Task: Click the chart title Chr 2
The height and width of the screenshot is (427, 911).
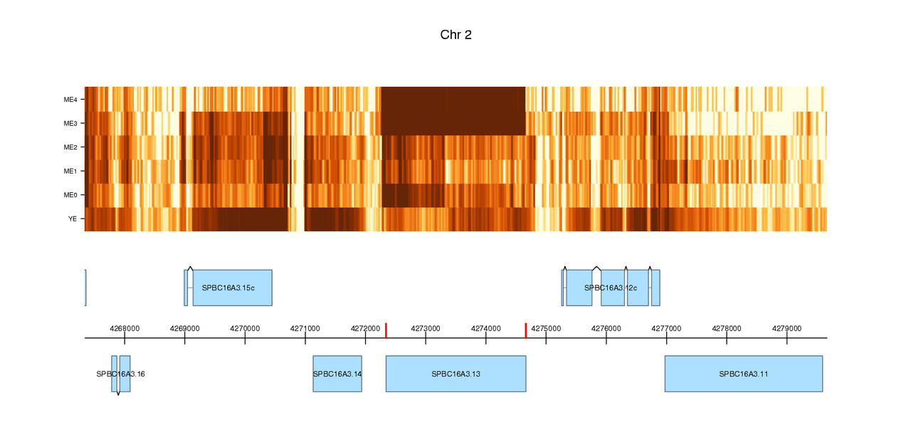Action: pyautogui.click(x=455, y=35)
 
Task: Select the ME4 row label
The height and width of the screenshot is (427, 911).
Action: pyautogui.click(x=70, y=100)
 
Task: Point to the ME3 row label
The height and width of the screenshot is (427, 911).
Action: pyautogui.click(x=70, y=124)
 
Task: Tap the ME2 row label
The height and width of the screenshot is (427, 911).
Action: pyautogui.click(x=70, y=147)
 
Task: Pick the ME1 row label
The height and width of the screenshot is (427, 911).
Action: pyautogui.click(x=70, y=172)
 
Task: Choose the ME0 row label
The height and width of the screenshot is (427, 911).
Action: pyautogui.click(x=70, y=195)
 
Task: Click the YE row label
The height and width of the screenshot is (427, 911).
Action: pyautogui.click(x=72, y=219)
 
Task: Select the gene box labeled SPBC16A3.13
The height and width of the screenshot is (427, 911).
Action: pyautogui.click(x=455, y=374)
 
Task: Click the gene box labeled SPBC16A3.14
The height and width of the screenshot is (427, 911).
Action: pyautogui.click(x=337, y=374)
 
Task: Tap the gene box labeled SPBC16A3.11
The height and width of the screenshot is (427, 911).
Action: pyautogui.click(x=744, y=374)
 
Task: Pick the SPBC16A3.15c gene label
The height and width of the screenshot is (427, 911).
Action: pyautogui.click(x=228, y=288)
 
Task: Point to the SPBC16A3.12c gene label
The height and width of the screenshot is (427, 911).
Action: pyautogui.click(x=610, y=288)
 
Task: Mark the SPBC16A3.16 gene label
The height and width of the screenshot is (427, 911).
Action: pyautogui.click(x=121, y=374)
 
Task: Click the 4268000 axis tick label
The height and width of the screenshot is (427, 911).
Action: pyautogui.click(x=125, y=329)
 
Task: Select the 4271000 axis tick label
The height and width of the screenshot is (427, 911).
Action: pyautogui.click(x=305, y=329)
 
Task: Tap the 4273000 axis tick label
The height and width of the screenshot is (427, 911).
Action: pyautogui.click(x=426, y=329)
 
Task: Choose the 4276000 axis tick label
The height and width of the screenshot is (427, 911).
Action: pyautogui.click(x=606, y=329)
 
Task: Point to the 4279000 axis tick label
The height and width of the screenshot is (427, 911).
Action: pyautogui.click(x=786, y=329)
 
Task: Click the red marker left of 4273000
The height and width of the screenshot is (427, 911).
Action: pyautogui.click(x=386, y=330)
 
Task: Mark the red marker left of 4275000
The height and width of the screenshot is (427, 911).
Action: pyautogui.click(x=526, y=330)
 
